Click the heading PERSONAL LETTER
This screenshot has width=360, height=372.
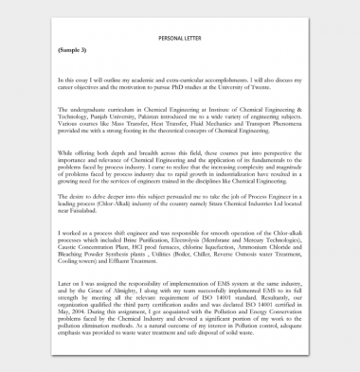(x=181, y=38)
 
